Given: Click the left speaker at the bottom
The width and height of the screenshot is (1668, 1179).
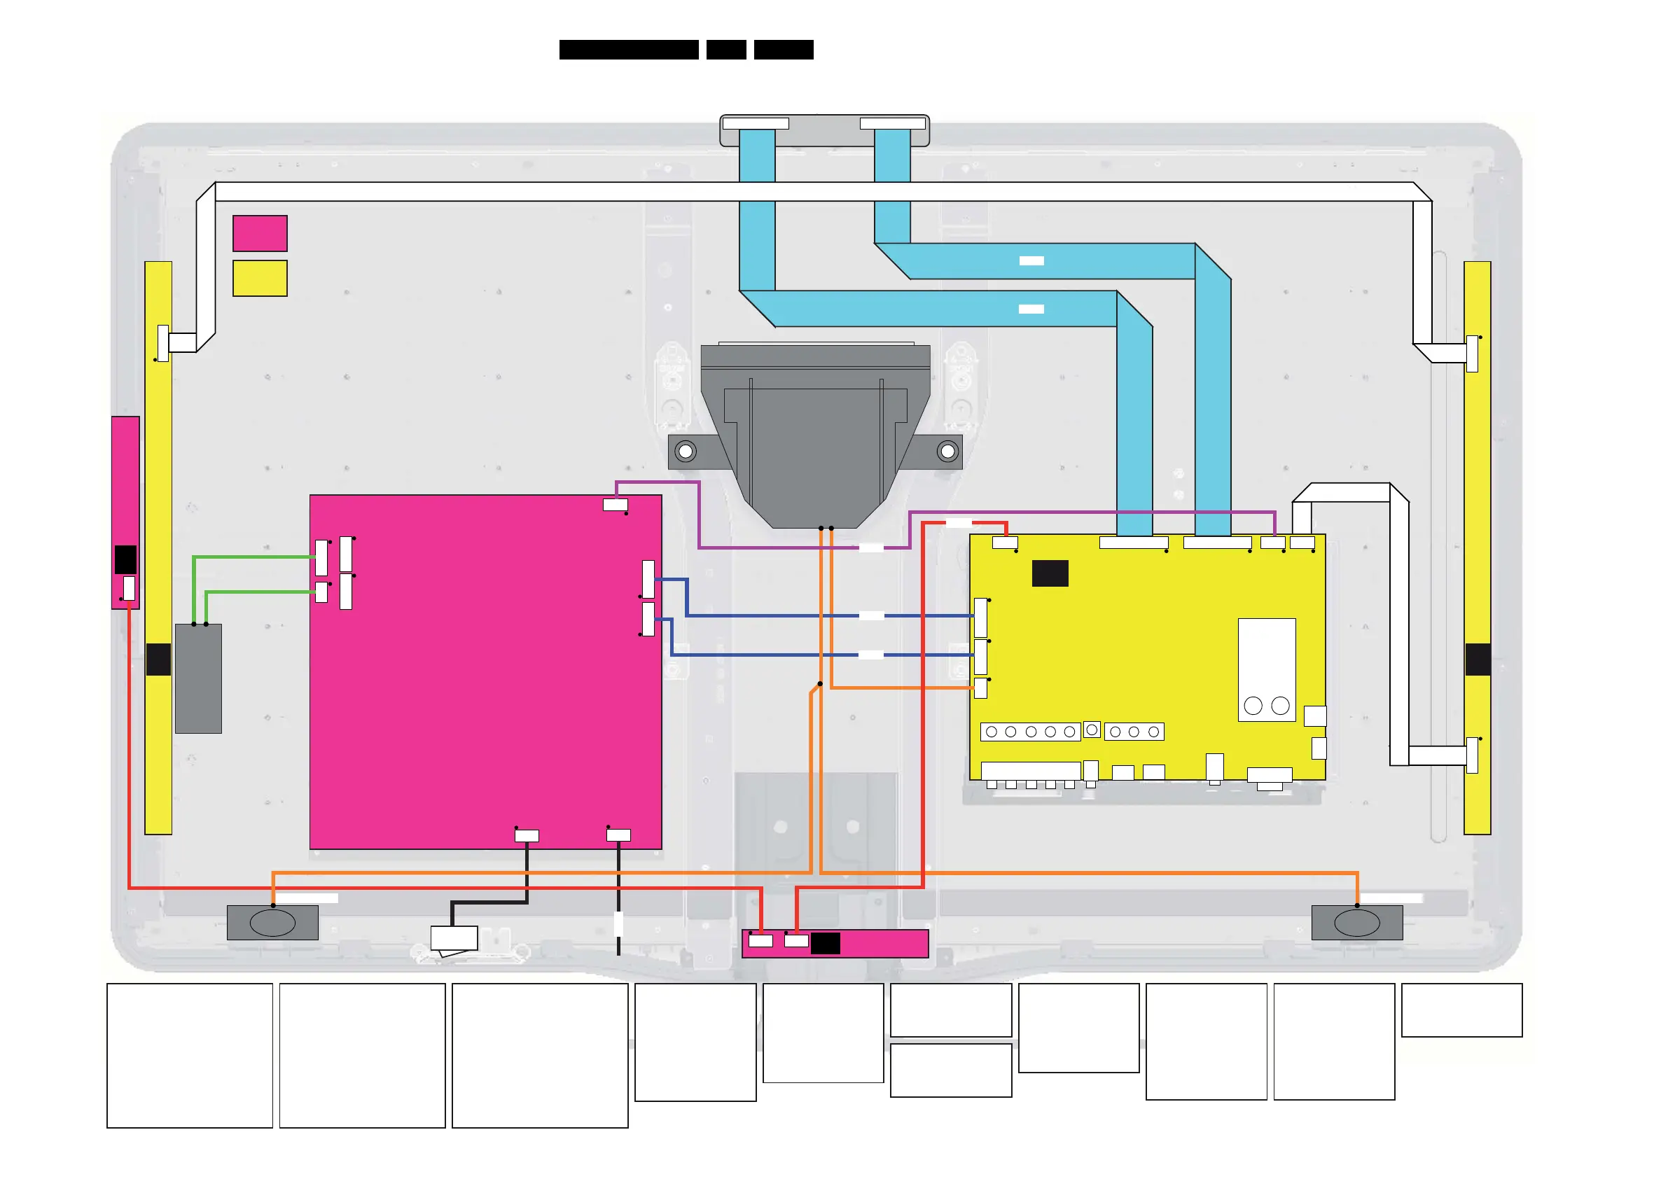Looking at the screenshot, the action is click(272, 923).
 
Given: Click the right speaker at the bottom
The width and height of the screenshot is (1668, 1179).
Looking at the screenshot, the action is click(1356, 923).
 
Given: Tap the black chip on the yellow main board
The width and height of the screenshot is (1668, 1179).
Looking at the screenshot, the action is click(1050, 573).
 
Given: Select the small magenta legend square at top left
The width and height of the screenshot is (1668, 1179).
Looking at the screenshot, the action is click(260, 233).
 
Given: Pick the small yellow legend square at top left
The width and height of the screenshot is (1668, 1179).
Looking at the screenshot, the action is click(260, 278).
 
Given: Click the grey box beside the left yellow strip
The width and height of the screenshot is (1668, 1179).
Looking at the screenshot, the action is click(198, 678).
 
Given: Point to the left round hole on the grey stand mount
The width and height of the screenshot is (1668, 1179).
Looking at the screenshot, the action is click(685, 452).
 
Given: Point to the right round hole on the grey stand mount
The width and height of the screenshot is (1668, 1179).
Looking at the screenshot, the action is click(947, 452).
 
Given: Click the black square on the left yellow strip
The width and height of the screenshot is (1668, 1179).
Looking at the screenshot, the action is click(158, 660).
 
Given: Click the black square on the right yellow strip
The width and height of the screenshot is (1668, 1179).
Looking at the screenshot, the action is click(1478, 660).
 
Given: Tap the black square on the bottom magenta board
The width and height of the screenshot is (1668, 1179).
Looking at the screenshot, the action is click(826, 944).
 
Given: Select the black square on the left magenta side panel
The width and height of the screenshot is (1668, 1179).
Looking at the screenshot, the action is click(125, 559).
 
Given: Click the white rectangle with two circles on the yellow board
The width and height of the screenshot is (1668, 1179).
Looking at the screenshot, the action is click(1266, 670).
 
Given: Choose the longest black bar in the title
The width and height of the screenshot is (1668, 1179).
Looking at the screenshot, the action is click(628, 50).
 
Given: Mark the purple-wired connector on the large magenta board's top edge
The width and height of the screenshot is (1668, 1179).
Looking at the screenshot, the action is click(616, 504).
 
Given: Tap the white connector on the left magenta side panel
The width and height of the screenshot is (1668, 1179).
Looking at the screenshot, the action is click(129, 588).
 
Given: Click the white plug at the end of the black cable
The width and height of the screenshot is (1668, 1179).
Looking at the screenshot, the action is click(454, 939).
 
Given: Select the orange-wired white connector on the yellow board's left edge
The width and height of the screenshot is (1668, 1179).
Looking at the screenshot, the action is click(980, 688).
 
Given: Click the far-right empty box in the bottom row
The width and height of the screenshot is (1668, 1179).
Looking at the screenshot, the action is click(1461, 1010).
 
